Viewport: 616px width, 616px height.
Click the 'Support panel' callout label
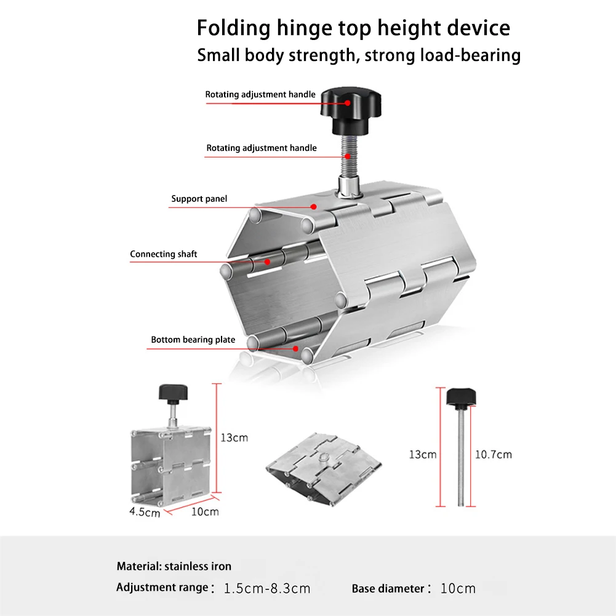point(199,199)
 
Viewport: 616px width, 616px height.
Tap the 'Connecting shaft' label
point(163,254)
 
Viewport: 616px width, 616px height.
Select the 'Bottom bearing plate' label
point(193,340)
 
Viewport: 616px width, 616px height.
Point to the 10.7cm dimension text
point(493,455)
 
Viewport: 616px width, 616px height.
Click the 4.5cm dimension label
point(145,511)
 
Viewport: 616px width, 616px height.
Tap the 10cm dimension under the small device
point(205,511)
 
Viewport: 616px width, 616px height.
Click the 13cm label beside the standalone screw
point(423,455)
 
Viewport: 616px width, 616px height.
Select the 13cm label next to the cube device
point(234,438)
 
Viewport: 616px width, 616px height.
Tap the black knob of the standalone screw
point(462,397)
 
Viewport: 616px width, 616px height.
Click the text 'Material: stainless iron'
point(174,566)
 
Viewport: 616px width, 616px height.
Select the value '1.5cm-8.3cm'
point(267,588)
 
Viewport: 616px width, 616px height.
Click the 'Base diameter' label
point(388,589)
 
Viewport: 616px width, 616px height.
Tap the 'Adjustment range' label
point(162,588)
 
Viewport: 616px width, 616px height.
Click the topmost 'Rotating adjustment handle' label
point(260,95)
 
